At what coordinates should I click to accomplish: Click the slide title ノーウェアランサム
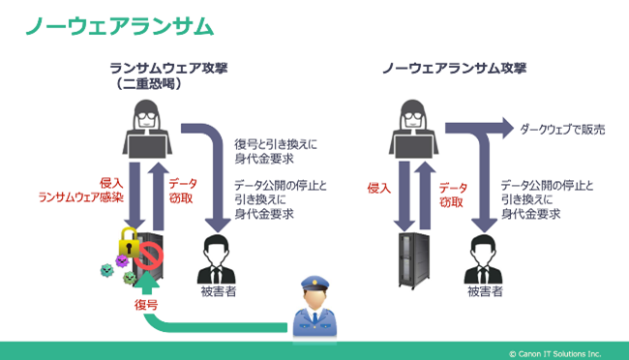click(x=119, y=25)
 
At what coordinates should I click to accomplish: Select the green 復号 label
click(x=145, y=304)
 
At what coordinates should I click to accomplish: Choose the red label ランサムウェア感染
click(x=79, y=196)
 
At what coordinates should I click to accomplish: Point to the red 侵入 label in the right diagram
click(x=380, y=188)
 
